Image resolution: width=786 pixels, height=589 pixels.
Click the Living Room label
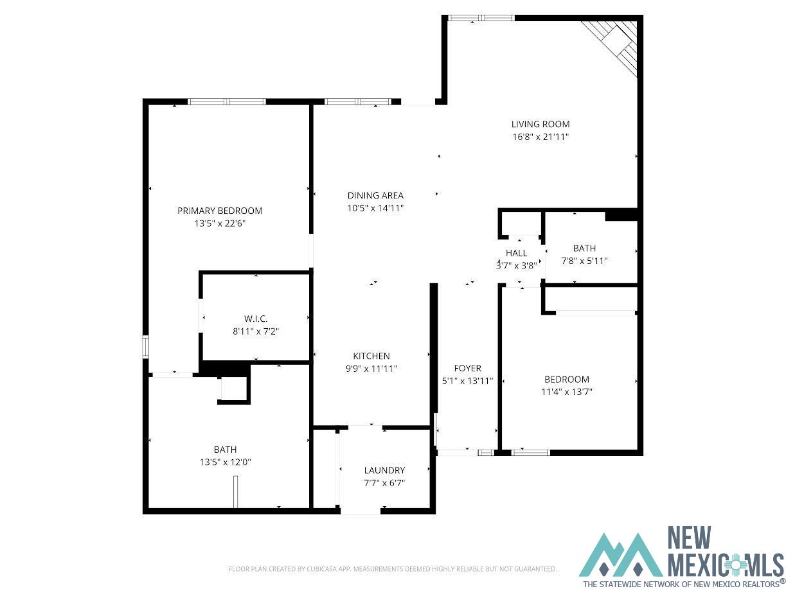point(540,124)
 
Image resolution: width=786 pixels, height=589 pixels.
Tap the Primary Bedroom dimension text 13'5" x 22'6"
point(220,223)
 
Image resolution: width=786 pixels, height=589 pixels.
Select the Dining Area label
point(375,195)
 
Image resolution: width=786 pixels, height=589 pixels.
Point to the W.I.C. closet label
point(255,319)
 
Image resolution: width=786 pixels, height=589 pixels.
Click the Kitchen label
point(371,356)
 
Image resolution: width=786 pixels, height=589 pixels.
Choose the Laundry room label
point(384,470)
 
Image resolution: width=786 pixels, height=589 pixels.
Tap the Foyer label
point(467,368)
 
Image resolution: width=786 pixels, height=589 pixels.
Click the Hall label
point(516,253)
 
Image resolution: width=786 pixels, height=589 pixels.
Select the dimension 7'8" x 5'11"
point(584,261)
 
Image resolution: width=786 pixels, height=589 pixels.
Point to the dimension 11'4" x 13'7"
point(566,391)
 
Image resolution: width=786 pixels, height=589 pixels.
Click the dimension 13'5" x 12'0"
point(224,462)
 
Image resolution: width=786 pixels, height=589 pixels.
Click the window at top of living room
point(480,18)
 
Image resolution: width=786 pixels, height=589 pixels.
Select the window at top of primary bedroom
point(226,101)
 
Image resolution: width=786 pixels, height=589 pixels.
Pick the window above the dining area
point(357,101)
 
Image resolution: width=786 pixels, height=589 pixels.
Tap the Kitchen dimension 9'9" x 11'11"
point(371,368)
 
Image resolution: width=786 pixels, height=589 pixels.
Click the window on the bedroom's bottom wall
point(530,452)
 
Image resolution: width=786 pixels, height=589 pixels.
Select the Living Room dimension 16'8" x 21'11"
point(540,136)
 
